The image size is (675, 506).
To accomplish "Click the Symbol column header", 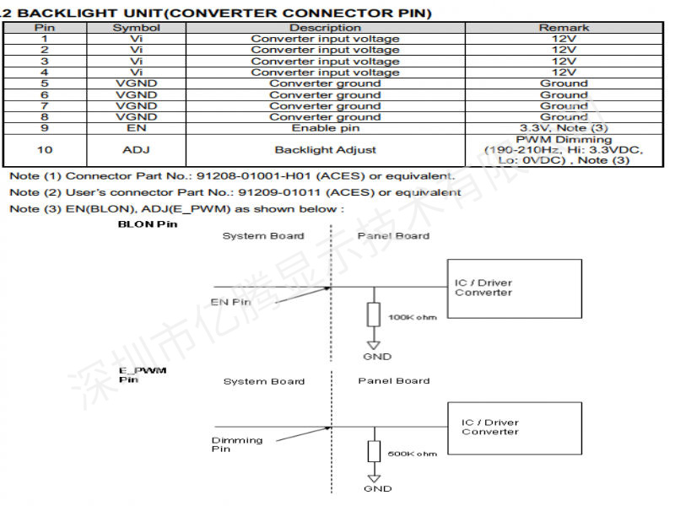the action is tap(136, 28).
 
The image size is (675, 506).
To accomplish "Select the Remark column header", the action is tap(564, 28).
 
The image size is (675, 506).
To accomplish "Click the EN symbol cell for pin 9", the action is tap(136, 128).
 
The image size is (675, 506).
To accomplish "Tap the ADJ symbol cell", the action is tap(136, 150).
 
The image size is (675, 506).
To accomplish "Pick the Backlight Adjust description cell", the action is tap(326, 150).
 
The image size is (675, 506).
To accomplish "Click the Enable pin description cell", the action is tap(326, 128).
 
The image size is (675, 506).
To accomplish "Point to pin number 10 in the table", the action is tap(45, 150).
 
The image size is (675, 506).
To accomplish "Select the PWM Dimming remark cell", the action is tap(564, 150).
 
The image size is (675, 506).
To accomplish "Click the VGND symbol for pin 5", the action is tap(136, 83).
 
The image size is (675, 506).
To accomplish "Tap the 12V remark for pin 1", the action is tap(564, 39).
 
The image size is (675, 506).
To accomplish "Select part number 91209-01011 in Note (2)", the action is tap(279, 192).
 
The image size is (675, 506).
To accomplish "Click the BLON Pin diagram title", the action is tap(148, 224).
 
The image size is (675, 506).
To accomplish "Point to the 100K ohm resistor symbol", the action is tap(374, 315).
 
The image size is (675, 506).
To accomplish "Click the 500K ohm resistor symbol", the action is tap(374, 451).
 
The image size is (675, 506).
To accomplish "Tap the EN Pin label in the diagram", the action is tap(230, 302).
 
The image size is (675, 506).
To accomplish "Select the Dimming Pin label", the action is tap(237, 444).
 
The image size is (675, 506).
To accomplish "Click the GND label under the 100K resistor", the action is tap(377, 357).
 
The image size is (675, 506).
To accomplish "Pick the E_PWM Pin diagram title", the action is tap(143, 374).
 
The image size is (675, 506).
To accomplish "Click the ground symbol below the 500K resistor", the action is tap(374, 478).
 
